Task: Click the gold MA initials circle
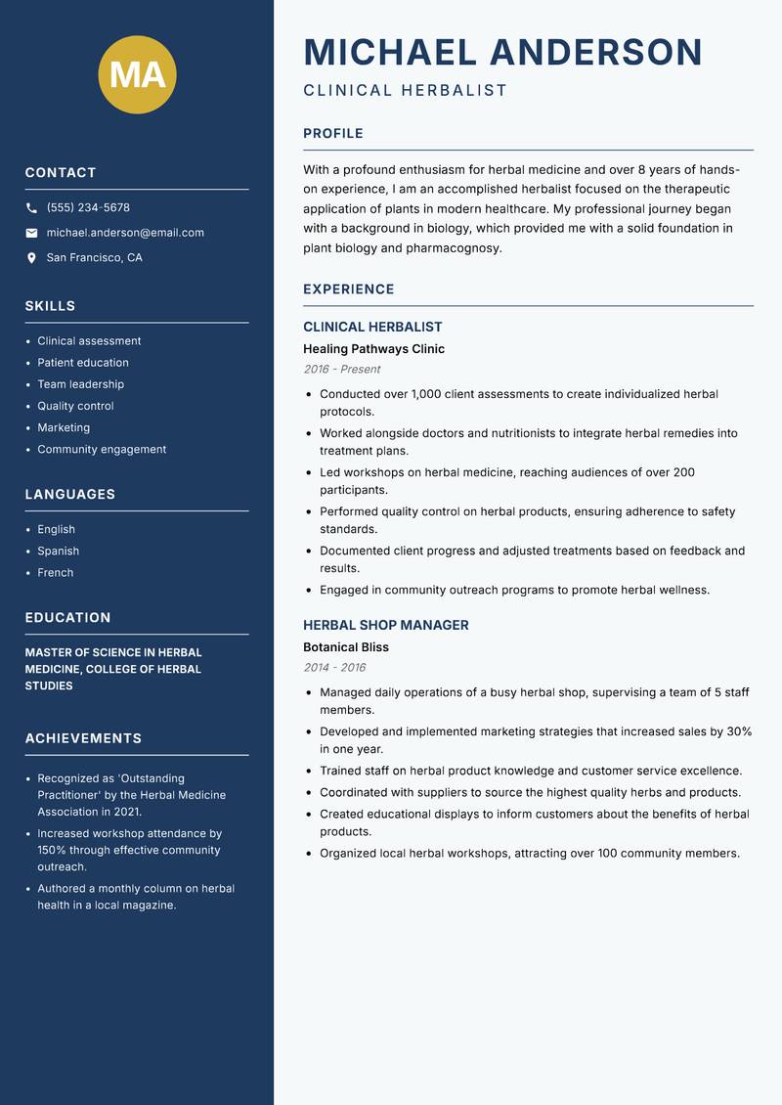[x=138, y=74]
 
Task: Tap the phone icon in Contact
[x=31, y=208]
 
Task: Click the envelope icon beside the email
[x=31, y=233]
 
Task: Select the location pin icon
[x=31, y=258]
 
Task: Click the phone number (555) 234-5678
[x=88, y=208]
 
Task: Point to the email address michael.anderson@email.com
[x=125, y=233]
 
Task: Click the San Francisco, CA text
[x=94, y=258]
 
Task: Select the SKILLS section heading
[x=50, y=306]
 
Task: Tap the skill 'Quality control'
[x=75, y=406]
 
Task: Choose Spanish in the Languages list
[x=58, y=552]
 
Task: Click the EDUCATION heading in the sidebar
[x=67, y=618]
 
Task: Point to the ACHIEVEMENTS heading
[x=83, y=738]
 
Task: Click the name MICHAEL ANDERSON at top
[x=502, y=52]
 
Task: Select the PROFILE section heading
[x=332, y=134]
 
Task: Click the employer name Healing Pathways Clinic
[x=373, y=349]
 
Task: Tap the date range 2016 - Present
[x=341, y=370]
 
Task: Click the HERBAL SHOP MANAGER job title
[x=385, y=625]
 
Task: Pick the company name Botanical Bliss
[x=345, y=647]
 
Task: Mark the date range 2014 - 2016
[x=334, y=668]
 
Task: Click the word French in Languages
[x=55, y=573]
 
